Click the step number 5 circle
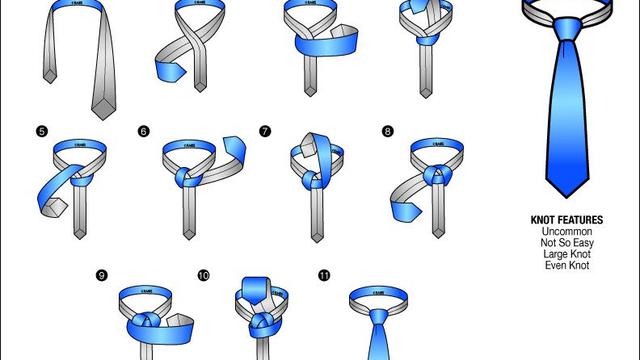coord(41,131)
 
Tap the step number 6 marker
coord(144,131)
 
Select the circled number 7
coord(265,131)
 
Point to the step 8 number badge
coord(387,131)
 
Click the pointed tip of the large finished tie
coord(566,194)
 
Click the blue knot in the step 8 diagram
coord(436,177)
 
